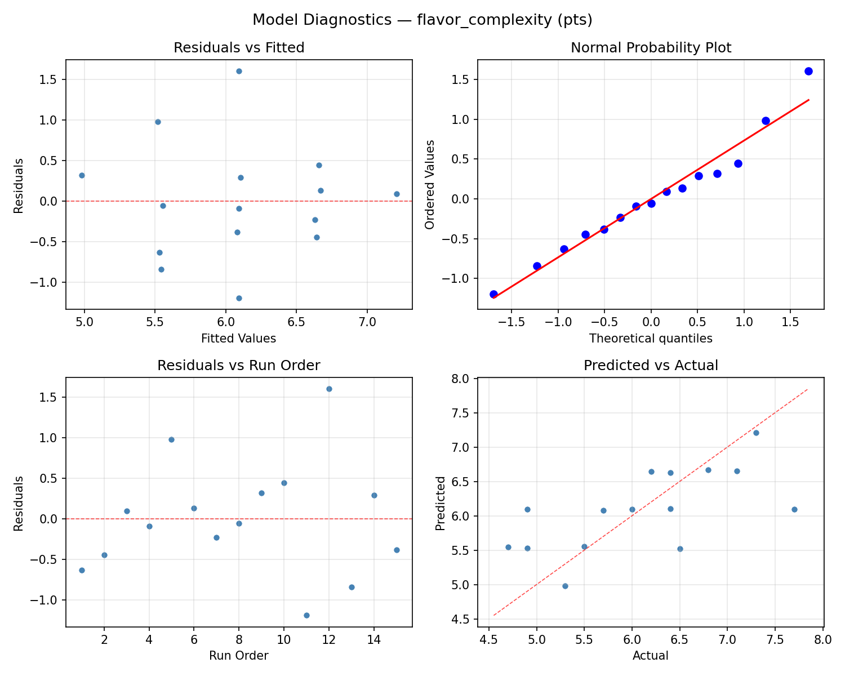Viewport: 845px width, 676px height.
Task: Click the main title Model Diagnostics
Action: (422, 20)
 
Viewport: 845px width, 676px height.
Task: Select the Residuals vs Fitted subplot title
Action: (239, 48)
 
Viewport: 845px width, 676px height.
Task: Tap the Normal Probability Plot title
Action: (651, 48)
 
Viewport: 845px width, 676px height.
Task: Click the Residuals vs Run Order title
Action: (239, 366)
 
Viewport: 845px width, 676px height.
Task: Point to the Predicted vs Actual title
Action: (651, 366)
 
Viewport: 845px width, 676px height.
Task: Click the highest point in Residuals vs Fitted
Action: (239, 71)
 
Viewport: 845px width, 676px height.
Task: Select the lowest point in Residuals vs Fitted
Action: (239, 298)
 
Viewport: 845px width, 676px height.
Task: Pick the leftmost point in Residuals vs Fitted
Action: (82, 175)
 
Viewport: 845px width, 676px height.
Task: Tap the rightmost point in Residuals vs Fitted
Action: (397, 194)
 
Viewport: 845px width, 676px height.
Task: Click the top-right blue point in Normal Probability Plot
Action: (808, 71)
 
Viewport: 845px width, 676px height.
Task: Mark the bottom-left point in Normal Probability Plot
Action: (493, 294)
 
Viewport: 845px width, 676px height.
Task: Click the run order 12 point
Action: (329, 389)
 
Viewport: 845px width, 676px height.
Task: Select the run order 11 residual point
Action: (306, 615)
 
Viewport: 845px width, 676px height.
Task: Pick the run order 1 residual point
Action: (82, 570)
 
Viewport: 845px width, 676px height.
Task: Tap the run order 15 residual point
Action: (397, 550)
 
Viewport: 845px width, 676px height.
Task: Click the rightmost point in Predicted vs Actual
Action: (794, 509)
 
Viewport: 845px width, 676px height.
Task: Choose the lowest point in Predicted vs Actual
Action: (565, 586)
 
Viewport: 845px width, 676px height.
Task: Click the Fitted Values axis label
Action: (239, 339)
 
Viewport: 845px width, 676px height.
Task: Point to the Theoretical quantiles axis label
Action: (651, 339)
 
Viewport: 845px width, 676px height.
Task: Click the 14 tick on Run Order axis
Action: (374, 639)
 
